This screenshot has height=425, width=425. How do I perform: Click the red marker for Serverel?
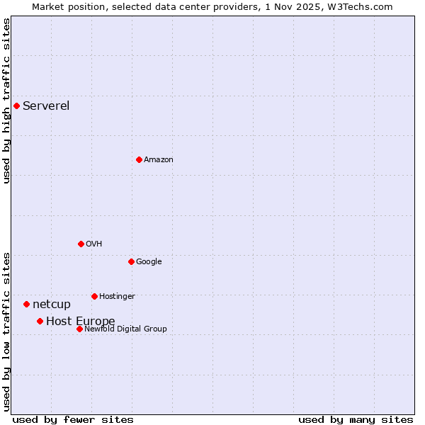[16, 106]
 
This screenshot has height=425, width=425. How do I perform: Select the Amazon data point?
[139, 159]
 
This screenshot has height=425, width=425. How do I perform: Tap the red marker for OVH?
[81, 244]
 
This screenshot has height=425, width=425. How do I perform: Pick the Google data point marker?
[131, 261]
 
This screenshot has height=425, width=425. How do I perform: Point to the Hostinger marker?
[94, 296]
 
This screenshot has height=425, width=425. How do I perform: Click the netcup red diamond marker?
[26, 304]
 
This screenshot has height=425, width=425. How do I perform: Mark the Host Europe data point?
[40, 321]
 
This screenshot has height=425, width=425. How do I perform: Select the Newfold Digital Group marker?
[79, 329]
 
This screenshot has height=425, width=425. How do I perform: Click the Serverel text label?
[46, 106]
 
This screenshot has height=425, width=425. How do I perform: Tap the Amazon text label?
[159, 160]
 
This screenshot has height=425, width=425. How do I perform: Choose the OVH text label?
[94, 244]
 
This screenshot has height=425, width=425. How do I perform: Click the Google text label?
[149, 262]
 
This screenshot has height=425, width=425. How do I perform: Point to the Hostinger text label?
[117, 297]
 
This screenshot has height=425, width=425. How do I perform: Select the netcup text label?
[52, 305]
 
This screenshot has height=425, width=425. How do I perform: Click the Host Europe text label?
[80, 322]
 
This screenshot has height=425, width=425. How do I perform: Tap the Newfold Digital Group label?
[125, 329]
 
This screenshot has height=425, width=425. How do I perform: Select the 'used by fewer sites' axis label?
[73, 419]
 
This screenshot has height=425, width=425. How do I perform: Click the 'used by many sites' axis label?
[356, 419]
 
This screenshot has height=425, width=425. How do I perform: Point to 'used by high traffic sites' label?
[6, 101]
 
